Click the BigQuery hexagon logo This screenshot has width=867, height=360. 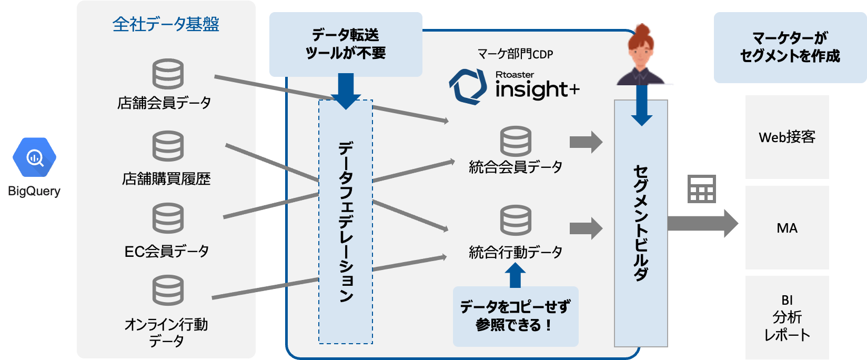tap(35, 157)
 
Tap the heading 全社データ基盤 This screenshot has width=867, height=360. tap(166, 24)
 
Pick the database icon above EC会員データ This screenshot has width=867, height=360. tap(168, 218)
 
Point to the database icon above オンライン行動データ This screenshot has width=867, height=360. tap(168, 290)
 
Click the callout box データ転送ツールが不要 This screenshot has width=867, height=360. tap(346, 44)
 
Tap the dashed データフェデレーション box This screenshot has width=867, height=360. tap(346, 221)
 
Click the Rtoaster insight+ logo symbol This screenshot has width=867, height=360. tap(467, 86)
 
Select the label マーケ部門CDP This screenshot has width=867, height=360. tap(515, 54)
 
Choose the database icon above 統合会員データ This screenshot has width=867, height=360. tap(516, 141)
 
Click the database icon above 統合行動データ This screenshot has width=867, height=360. tap(516, 221)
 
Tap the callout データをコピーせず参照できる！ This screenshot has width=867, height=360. tap(515, 316)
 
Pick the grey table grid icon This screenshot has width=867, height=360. tap(702, 189)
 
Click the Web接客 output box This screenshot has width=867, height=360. tap(787, 137)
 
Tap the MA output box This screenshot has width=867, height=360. tap(787, 228)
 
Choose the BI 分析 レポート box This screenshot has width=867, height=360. tap(787, 317)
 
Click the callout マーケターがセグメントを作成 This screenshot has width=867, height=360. tap(790, 47)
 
